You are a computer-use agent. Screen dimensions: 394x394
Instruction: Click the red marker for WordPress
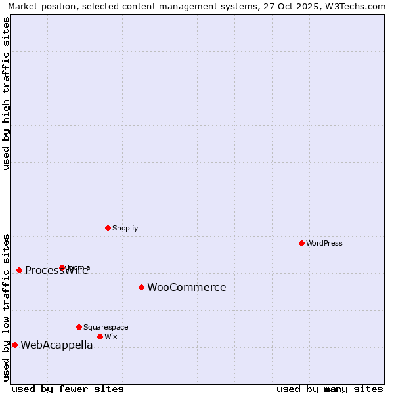tap(301, 243)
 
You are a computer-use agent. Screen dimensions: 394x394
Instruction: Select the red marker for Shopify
tap(108, 228)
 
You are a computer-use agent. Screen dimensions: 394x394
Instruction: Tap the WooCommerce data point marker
tap(141, 287)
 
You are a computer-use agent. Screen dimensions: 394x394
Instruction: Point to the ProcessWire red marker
tap(19, 270)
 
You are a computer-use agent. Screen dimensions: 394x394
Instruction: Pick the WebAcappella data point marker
tap(14, 345)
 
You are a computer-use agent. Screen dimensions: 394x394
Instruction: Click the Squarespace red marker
tap(79, 327)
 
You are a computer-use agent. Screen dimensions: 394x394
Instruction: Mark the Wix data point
tap(100, 336)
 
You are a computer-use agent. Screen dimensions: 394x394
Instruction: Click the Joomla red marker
tap(62, 267)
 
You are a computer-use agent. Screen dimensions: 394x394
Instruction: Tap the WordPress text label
tap(324, 243)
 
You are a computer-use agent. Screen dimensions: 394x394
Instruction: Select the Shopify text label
tap(125, 228)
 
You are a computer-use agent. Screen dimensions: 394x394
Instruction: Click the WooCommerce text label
tap(186, 287)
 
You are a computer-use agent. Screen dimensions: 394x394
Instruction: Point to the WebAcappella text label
tap(56, 345)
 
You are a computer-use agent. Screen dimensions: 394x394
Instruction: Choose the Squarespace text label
tap(106, 327)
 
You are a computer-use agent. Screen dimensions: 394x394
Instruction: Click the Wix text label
tap(111, 336)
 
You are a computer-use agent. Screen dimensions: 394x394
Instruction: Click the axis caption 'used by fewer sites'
tap(68, 389)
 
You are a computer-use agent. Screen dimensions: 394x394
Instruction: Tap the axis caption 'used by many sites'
tap(330, 389)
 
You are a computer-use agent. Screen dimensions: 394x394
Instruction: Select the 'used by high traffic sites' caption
tap(6, 93)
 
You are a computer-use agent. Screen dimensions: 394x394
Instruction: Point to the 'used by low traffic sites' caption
tap(6, 307)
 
